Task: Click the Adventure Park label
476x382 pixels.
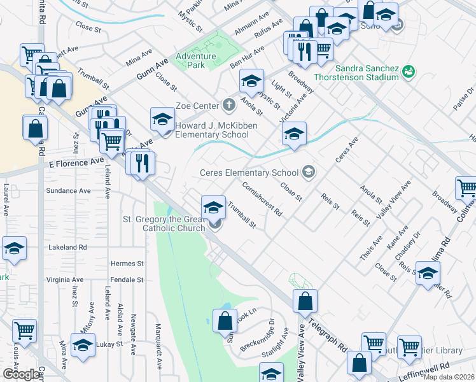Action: point(197,55)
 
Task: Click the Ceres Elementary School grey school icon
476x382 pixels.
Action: point(309,172)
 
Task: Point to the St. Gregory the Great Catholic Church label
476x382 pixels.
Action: point(164,223)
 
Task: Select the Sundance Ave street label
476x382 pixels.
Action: point(68,190)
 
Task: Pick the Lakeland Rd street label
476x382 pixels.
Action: point(67,246)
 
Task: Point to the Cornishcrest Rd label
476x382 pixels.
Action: point(261,199)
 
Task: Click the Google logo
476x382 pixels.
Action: point(21,374)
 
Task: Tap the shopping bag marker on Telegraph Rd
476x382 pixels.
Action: point(305,302)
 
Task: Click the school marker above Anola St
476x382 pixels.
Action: point(252,81)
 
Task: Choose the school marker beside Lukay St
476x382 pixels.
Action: point(82,345)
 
